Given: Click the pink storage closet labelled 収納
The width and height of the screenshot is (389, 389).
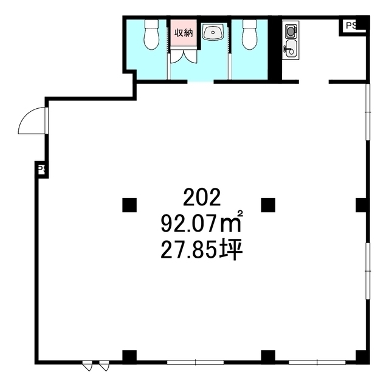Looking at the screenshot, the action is click(x=184, y=32).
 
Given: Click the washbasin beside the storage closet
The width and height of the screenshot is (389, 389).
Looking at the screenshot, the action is click(x=213, y=32).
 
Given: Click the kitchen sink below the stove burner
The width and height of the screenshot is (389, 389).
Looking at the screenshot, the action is click(x=291, y=49).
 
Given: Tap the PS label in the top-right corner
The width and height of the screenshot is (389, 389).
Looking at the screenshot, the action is click(x=351, y=26).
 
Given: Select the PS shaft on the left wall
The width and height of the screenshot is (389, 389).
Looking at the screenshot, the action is click(x=41, y=170).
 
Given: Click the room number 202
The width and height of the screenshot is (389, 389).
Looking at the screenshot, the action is click(x=202, y=198).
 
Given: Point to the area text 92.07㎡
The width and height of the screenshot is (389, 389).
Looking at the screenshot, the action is click(x=201, y=222).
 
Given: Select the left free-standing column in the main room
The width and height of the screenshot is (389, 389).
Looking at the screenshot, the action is click(x=129, y=205).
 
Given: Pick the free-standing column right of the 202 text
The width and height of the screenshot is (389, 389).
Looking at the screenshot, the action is click(x=268, y=205).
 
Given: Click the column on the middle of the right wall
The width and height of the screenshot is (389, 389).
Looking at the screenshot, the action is click(x=362, y=205).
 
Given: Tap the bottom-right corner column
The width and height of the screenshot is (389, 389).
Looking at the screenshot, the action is click(x=363, y=357).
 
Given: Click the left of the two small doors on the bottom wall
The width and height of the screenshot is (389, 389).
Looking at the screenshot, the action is click(x=88, y=366).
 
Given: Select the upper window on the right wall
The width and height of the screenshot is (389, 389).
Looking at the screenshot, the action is click(x=368, y=112).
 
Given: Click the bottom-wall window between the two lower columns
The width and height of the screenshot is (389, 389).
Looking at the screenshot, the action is click(x=196, y=362).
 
